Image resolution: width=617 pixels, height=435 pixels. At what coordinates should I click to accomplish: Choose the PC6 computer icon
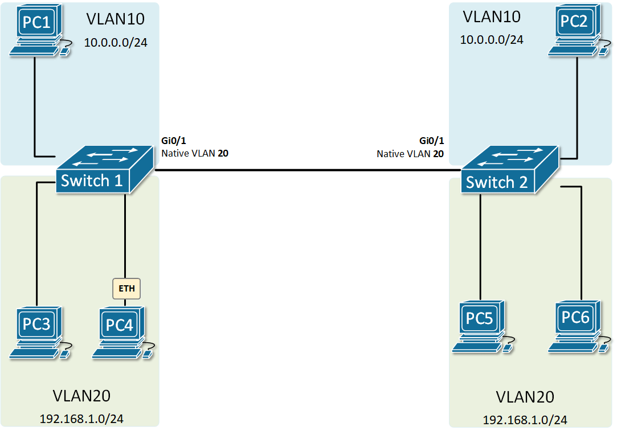[x=577, y=326]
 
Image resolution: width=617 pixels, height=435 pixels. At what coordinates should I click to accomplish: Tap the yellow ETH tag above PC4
[x=126, y=289]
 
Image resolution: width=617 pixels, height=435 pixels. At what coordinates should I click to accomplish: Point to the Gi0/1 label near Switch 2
[x=431, y=141]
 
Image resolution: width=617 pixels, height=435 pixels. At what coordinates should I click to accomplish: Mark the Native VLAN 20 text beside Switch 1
[x=195, y=153]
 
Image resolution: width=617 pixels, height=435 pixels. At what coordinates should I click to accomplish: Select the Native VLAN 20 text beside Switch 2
[x=410, y=153]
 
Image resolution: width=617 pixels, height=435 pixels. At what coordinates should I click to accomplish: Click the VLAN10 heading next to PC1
[x=116, y=19]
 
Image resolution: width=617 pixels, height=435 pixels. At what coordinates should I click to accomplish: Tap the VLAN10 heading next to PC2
[x=492, y=17]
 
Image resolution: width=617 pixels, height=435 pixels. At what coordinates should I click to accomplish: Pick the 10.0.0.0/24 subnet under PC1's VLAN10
[x=116, y=42]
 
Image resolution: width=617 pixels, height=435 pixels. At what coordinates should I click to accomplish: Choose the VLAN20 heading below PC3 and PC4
[x=81, y=396]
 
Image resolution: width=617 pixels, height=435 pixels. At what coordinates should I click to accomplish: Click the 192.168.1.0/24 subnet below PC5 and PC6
[x=525, y=420]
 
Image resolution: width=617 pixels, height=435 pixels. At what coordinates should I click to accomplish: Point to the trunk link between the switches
[x=308, y=170]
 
